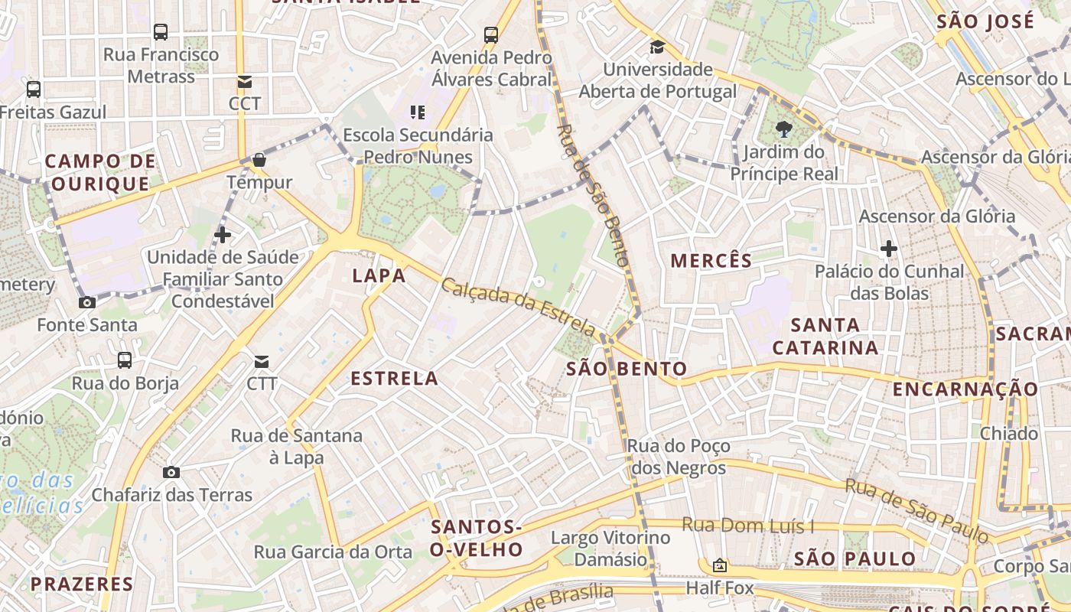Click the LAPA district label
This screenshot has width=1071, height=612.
pos(379,275)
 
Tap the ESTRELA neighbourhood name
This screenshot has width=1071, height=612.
pos(394,378)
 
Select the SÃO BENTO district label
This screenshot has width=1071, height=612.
pos(627,369)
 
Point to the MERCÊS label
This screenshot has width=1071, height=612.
pos(711,261)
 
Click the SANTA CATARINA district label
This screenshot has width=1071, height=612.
pos(825,336)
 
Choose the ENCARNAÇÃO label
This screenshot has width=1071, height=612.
pos(965,389)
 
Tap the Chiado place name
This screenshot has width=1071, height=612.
pos(1009,434)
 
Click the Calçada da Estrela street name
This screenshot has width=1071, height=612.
pos(518,307)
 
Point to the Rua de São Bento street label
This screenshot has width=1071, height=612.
pos(593,195)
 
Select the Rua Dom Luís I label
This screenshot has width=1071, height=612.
pos(747,526)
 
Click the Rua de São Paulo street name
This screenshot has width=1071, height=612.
pos(916,510)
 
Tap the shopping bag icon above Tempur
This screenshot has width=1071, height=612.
pos(259,160)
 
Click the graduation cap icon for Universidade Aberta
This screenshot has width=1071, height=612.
pos(657,47)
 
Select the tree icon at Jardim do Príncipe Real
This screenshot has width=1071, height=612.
pos(783,129)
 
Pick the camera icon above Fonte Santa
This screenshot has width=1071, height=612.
pos(87,302)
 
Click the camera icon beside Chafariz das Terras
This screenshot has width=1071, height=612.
pos(171,472)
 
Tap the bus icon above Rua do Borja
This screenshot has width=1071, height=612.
pos(125,360)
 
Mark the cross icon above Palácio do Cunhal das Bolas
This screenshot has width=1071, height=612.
pos(888,249)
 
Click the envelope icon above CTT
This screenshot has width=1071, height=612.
pos(262,361)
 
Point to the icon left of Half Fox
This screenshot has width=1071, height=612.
pos(719,566)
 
